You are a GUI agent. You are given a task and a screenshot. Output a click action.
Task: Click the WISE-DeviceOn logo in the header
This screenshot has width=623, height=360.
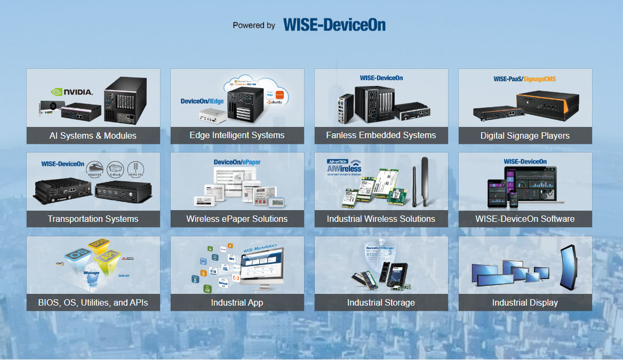[x=334, y=25]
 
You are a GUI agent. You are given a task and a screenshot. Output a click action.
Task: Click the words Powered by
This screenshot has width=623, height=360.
[x=254, y=25]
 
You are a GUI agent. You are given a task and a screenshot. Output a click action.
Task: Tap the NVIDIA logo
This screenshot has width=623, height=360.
[x=72, y=92]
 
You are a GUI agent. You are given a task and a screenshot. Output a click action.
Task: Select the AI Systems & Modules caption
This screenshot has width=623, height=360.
[x=93, y=135]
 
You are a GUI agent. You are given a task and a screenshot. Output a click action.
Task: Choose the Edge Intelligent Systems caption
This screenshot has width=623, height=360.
[x=237, y=135]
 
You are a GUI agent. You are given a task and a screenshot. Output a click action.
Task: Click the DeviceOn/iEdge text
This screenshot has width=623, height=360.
[x=202, y=101]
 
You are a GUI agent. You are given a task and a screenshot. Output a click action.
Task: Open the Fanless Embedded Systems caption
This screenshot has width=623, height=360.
[x=381, y=135]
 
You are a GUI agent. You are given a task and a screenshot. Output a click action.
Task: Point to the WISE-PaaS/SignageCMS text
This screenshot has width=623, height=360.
[x=525, y=78]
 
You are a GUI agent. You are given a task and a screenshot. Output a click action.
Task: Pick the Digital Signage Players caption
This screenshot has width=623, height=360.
[x=525, y=135]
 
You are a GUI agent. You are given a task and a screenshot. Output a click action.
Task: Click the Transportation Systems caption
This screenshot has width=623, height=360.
[x=93, y=219]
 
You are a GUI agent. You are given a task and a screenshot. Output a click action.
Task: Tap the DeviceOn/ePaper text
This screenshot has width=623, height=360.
[x=237, y=162]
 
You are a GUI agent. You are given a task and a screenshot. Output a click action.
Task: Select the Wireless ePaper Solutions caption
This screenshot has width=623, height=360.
[x=237, y=219]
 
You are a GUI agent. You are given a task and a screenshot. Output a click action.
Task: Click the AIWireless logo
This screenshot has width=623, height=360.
[x=344, y=167]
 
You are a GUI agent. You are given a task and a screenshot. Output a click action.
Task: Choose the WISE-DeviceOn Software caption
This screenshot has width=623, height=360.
[x=525, y=219]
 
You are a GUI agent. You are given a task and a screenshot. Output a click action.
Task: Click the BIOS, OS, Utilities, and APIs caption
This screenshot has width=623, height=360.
[x=93, y=302]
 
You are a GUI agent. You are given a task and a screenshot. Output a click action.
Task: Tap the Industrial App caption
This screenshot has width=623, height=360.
[x=237, y=302]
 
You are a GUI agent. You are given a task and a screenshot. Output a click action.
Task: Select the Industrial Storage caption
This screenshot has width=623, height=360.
[x=381, y=302]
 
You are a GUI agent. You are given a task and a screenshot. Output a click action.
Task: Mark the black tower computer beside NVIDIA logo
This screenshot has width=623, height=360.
[x=125, y=99]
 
